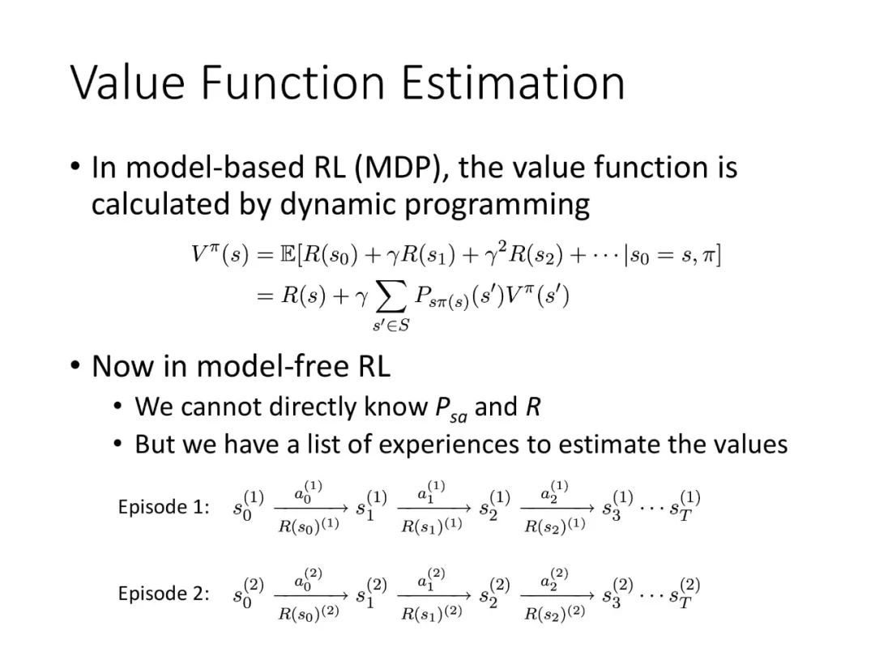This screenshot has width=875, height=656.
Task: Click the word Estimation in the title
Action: point(513,83)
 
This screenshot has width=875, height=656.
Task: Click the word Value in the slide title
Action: point(128,83)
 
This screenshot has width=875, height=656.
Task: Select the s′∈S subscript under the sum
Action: point(391,326)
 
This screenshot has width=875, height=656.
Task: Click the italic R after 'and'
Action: point(533,407)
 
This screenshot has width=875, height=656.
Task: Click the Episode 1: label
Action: point(164,507)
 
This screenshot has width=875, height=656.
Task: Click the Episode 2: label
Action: point(164,594)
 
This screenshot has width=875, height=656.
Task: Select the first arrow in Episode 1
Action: point(311,508)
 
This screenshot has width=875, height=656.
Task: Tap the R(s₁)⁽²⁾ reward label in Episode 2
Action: point(432,612)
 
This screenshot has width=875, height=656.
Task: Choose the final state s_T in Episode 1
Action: point(685,505)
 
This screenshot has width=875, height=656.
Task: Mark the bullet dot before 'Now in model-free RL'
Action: point(75,365)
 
